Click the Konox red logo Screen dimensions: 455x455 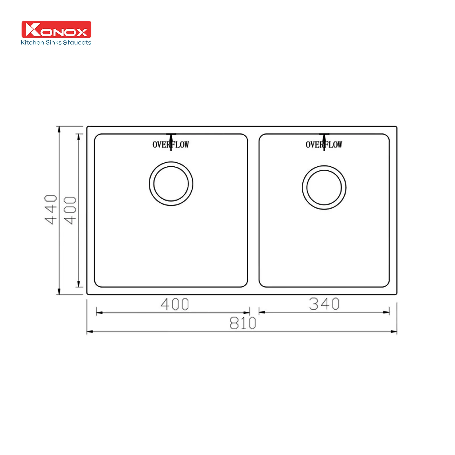[x=56, y=29]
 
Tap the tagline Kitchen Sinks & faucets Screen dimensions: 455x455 [x=56, y=43]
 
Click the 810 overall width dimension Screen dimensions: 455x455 [x=243, y=323]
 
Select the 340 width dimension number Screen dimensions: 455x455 [x=324, y=304]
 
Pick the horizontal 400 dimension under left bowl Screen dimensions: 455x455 [x=175, y=304]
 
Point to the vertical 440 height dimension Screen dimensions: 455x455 [x=51, y=210]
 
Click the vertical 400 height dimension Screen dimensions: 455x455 [x=70, y=210]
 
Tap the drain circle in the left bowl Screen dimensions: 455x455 [x=171, y=184]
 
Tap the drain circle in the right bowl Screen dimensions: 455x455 [x=324, y=188]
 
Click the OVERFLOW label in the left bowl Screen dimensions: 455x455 [x=171, y=145]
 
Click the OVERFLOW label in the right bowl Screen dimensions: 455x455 [x=324, y=145]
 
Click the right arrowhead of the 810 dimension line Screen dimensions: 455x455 [x=394, y=332]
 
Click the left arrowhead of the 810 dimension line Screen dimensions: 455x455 [x=89, y=332]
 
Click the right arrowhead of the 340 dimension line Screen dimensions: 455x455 [x=386, y=312]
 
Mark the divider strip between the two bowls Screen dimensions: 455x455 [x=253, y=210]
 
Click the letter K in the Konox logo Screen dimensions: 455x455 [x=33, y=30]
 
